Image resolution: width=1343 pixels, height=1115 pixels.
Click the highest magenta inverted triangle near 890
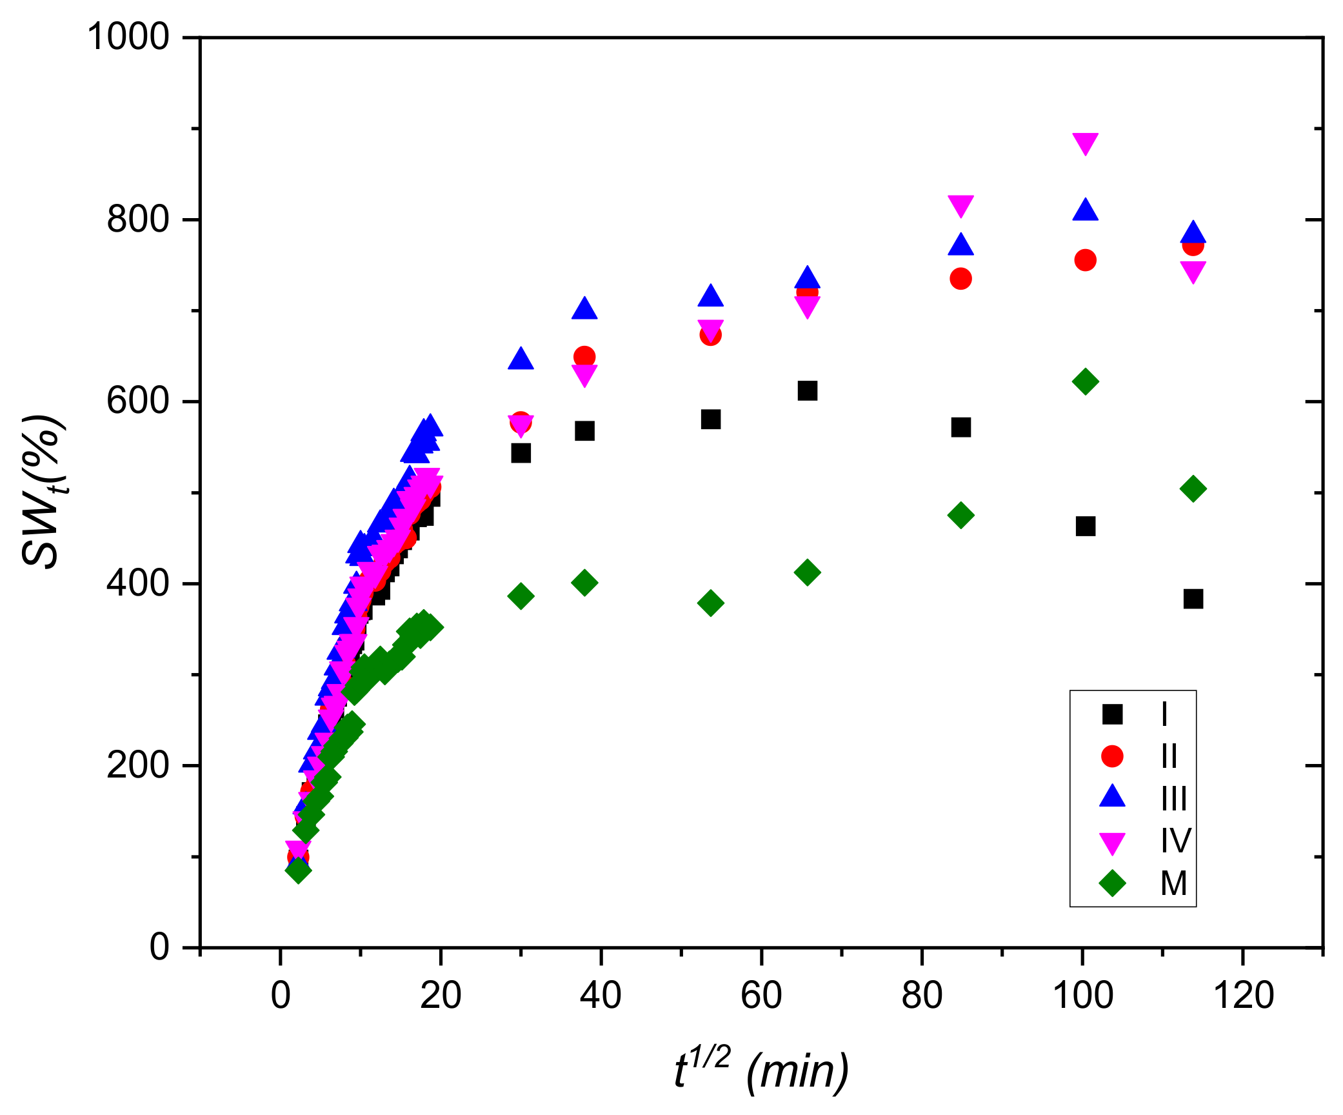coord(1085,143)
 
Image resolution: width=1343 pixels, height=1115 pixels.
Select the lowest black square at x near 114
coord(1193,599)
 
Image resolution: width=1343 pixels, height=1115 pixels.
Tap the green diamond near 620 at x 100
coord(1085,381)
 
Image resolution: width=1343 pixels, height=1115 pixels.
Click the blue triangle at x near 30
coord(521,359)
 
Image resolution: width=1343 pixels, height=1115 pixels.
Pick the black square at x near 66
coord(807,390)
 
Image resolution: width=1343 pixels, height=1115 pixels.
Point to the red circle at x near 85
coord(960,279)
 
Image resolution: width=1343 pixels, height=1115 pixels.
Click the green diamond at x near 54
coord(710,603)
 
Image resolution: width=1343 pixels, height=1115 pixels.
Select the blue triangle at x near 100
coord(1085,210)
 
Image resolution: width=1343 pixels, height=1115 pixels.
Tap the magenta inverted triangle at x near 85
coord(960,206)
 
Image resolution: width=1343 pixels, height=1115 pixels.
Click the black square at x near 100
coord(1085,527)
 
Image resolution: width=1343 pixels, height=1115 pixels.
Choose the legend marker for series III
coord(1112,797)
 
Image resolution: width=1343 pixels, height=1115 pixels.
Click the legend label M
coord(1173,883)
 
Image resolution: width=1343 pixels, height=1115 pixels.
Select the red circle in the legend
coord(1112,756)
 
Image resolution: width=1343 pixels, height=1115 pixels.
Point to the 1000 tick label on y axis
coord(128,37)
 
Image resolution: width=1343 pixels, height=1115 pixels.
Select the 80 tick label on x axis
coord(921,995)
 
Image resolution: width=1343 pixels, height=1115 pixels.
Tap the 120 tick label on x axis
coord(1243,995)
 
